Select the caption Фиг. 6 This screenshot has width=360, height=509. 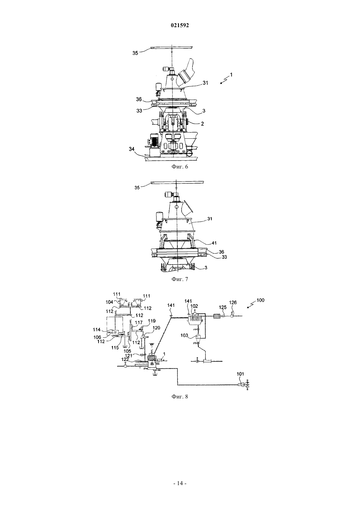tap(180, 167)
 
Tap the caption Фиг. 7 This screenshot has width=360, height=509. tap(180, 279)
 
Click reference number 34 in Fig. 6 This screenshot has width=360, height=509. tap(132, 149)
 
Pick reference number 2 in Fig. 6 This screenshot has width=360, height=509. tap(202, 124)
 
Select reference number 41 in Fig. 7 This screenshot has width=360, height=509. tap(214, 243)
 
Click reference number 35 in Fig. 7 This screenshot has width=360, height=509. tap(137, 188)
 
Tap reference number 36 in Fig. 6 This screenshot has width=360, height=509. tap(139, 99)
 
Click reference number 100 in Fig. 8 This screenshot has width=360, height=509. tap(261, 300)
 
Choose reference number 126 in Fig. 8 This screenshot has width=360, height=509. tap(233, 303)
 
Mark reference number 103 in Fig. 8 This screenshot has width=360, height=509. tap(184, 335)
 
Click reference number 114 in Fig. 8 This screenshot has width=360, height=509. tap(97, 329)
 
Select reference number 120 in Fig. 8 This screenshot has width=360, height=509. tap(156, 328)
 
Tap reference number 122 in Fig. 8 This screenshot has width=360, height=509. tap(125, 359)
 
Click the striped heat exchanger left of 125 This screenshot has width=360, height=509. tap(216, 316)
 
